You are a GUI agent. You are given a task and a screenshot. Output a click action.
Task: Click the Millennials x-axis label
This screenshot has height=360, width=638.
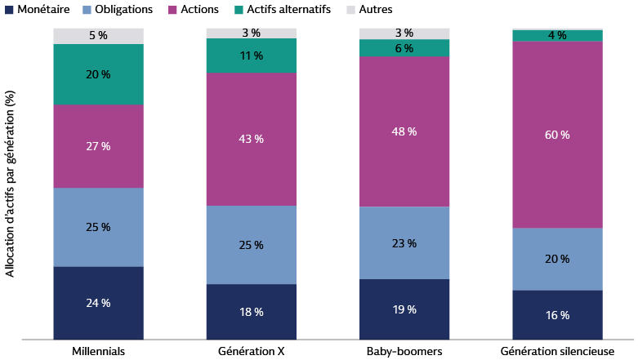(99, 351)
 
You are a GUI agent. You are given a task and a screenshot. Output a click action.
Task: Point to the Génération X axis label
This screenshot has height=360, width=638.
(251, 351)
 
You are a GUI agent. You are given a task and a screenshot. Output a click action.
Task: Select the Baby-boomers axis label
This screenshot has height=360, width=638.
(404, 351)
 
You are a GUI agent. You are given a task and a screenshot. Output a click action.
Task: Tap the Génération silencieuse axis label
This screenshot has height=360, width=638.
(557, 351)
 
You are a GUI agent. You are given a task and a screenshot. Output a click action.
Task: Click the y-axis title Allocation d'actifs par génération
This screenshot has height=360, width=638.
(10, 184)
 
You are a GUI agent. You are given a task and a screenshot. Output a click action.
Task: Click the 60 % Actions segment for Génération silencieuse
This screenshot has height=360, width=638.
(557, 135)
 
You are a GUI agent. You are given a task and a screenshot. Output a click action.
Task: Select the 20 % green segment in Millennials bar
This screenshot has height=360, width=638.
(99, 74)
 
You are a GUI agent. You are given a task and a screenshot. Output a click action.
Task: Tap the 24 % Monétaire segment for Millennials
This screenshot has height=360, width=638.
(99, 303)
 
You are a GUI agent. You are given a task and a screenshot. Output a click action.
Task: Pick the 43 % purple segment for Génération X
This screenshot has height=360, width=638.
(251, 140)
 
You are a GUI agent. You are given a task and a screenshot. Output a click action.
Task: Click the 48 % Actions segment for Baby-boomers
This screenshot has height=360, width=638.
(404, 131)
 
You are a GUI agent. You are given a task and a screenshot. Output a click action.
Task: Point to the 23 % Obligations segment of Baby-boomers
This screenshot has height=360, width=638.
(404, 243)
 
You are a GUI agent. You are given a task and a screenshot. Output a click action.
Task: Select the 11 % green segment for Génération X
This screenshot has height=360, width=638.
(251, 56)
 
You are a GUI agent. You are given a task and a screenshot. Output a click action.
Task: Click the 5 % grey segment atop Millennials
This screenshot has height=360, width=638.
(99, 36)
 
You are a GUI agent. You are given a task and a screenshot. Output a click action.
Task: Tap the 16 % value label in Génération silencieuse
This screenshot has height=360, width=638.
(557, 315)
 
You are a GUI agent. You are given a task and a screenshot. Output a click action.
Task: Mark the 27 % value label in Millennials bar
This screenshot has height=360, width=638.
(99, 146)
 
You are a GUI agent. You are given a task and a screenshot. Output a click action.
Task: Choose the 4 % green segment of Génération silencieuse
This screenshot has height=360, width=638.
(557, 36)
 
